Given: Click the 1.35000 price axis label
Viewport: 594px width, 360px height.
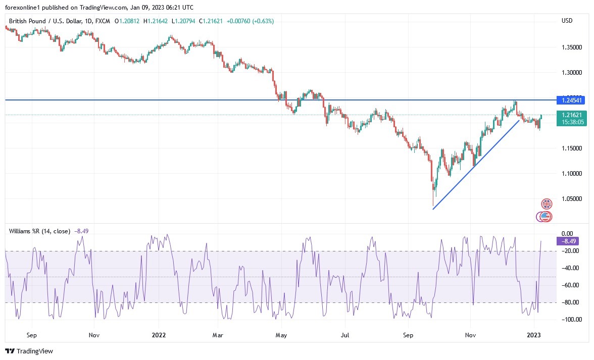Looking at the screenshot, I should tap(572, 47).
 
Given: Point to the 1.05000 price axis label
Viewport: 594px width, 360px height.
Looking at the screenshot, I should tap(572, 199).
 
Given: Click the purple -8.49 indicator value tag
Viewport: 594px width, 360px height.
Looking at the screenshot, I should tap(568, 241).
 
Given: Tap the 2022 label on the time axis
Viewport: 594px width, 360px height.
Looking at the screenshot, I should tap(159, 335).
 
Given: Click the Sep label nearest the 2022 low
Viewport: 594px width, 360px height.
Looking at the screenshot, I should tap(408, 335).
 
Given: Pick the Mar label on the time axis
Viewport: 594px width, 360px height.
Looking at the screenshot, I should tap(218, 335).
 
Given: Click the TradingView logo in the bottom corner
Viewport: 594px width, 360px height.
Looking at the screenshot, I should tap(29, 351).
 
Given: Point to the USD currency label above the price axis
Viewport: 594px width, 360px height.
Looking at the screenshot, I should tap(567, 21).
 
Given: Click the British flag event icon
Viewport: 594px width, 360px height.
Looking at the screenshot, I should tap(547, 204).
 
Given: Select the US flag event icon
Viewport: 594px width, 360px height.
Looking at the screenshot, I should tap(544, 217).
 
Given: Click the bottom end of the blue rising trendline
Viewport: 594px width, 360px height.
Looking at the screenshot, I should tap(433, 209).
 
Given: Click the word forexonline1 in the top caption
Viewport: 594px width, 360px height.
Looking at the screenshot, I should tap(23, 7).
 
